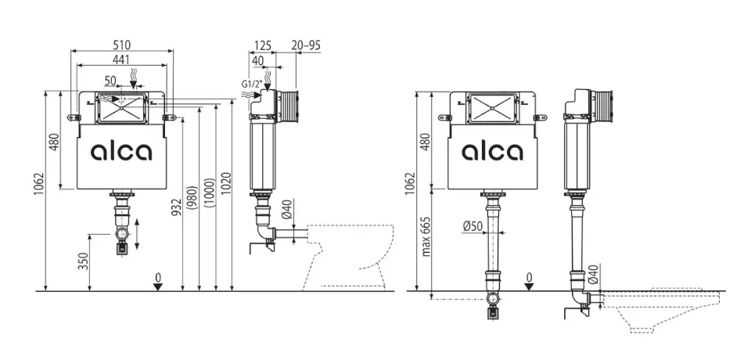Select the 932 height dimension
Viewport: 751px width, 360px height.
point(178,207)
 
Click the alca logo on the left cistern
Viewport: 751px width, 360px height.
point(121,151)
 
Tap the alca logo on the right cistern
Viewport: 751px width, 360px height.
point(492,151)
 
